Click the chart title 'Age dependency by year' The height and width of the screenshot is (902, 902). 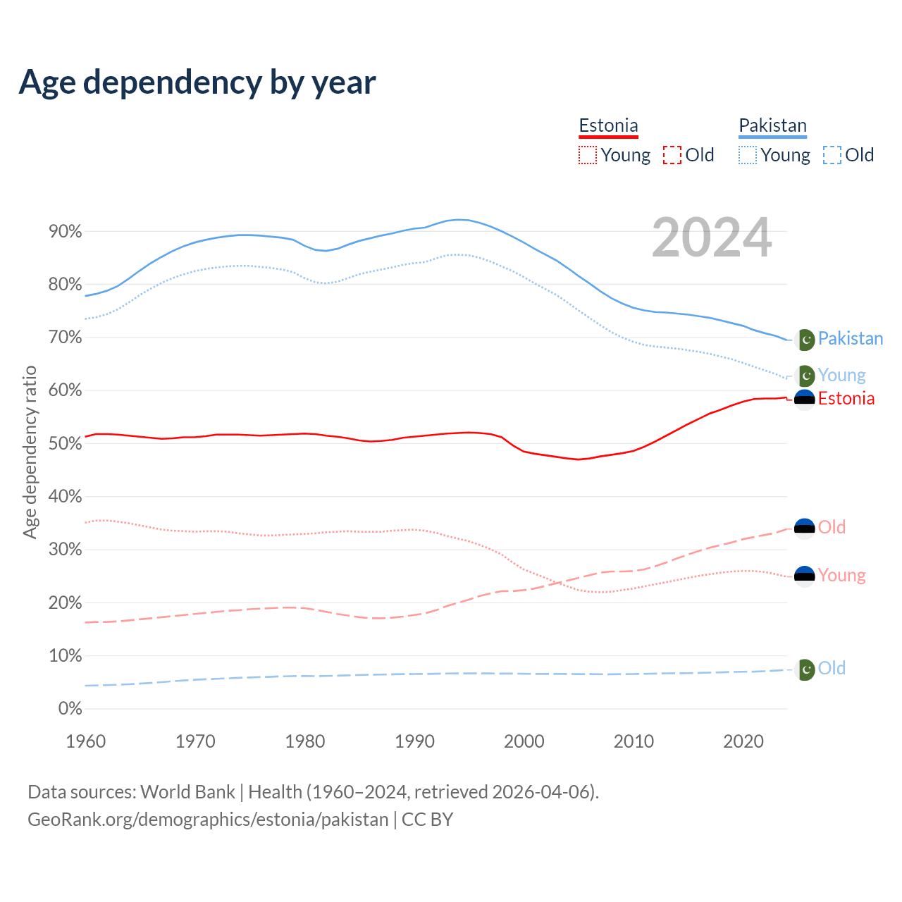point(197,82)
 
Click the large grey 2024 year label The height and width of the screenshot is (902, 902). point(712,238)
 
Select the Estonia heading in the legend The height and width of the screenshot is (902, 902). point(608,126)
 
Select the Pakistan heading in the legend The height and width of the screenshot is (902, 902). point(772,126)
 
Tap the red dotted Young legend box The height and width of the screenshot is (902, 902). point(587,155)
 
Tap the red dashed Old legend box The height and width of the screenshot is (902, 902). point(672,155)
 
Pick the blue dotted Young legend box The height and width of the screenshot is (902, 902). point(748,155)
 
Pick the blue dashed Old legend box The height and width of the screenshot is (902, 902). point(832,155)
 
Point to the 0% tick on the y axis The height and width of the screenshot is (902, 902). point(70,709)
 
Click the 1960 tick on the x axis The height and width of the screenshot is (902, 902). point(85,741)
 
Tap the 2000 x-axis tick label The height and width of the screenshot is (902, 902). point(524,741)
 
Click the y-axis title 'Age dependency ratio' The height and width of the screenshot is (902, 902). point(30,452)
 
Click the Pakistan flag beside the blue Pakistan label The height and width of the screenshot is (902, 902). point(805,340)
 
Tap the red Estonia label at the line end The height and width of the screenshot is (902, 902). point(846,399)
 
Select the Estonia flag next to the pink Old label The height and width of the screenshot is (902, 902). point(805,528)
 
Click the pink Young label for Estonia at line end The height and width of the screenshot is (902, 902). point(841,576)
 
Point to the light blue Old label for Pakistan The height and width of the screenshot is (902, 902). point(832,668)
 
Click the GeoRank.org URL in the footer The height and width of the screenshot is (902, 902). point(208,820)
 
